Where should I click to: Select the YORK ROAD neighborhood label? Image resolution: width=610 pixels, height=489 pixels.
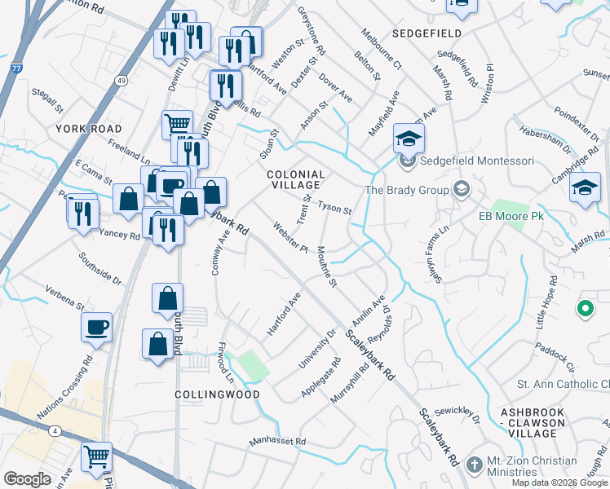[89, 129]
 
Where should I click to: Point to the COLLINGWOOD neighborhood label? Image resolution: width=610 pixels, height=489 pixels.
[217, 394]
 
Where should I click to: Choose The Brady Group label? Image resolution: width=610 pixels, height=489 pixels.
[407, 190]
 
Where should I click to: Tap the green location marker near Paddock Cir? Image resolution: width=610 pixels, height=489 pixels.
[585, 309]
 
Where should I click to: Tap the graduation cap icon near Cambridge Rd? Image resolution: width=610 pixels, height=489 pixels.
[585, 188]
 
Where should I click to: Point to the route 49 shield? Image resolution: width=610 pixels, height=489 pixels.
[121, 81]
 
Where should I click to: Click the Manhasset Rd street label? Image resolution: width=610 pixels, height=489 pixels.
[277, 442]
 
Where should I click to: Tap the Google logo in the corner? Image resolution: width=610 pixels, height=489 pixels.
[27, 479]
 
